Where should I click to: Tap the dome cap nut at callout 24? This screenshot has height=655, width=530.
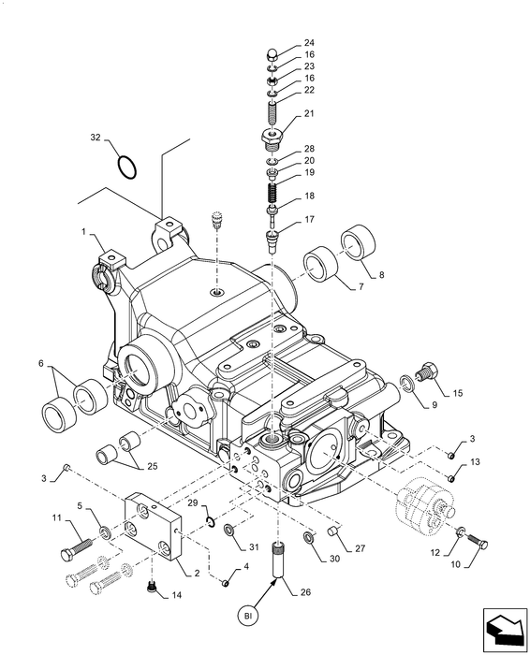272,54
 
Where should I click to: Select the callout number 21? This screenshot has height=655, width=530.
309,113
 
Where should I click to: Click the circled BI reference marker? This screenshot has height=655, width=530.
248,616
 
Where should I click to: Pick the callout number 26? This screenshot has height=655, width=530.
306,592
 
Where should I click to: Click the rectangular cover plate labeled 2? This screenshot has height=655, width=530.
154,527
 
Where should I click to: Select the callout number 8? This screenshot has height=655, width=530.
381,275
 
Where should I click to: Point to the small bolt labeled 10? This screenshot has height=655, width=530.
478,543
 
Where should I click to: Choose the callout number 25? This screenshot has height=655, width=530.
152,466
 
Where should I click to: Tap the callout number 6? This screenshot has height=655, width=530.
40,363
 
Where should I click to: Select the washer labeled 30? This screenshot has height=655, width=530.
309,537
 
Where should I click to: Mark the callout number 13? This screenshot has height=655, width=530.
475,462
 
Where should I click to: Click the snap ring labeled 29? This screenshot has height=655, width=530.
211,520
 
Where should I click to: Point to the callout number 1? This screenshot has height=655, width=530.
83,231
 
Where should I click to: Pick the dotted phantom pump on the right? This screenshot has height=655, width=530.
424,505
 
